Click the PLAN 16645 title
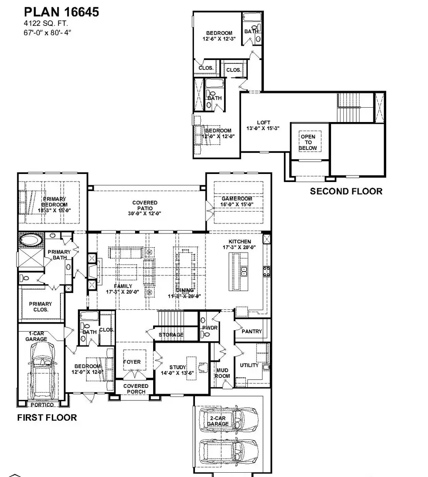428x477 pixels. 61,12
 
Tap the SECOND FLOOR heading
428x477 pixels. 346,191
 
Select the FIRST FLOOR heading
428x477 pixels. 47,418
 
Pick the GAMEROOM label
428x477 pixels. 237,198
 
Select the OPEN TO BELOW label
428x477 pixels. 307,142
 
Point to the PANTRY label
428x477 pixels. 252,331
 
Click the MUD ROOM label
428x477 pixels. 223,372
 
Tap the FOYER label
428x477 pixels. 132,362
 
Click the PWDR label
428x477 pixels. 209,328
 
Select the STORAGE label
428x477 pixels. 171,335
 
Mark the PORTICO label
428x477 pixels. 42,405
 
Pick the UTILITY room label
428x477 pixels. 249,365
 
